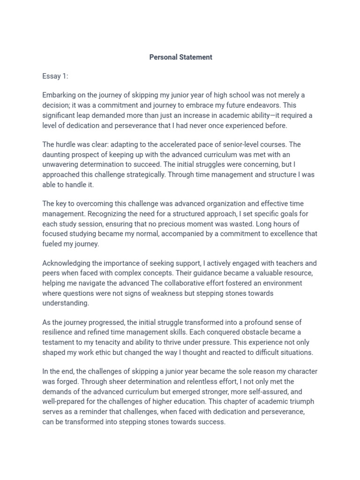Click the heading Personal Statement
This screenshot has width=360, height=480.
[180, 57]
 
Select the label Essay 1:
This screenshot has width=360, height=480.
[55, 76]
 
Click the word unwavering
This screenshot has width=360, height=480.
[61, 165]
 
